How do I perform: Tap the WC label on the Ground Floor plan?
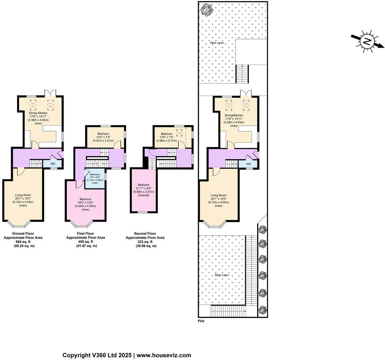(53, 163)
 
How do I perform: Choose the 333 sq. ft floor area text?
(145, 242)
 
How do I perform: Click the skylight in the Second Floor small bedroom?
(179, 132)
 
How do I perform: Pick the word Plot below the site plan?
(201, 321)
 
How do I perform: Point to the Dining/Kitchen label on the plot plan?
(234, 115)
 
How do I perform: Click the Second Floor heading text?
(145, 233)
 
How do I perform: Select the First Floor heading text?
(86, 233)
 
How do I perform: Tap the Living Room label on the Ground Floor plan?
(23, 195)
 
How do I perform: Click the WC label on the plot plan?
(249, 164)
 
